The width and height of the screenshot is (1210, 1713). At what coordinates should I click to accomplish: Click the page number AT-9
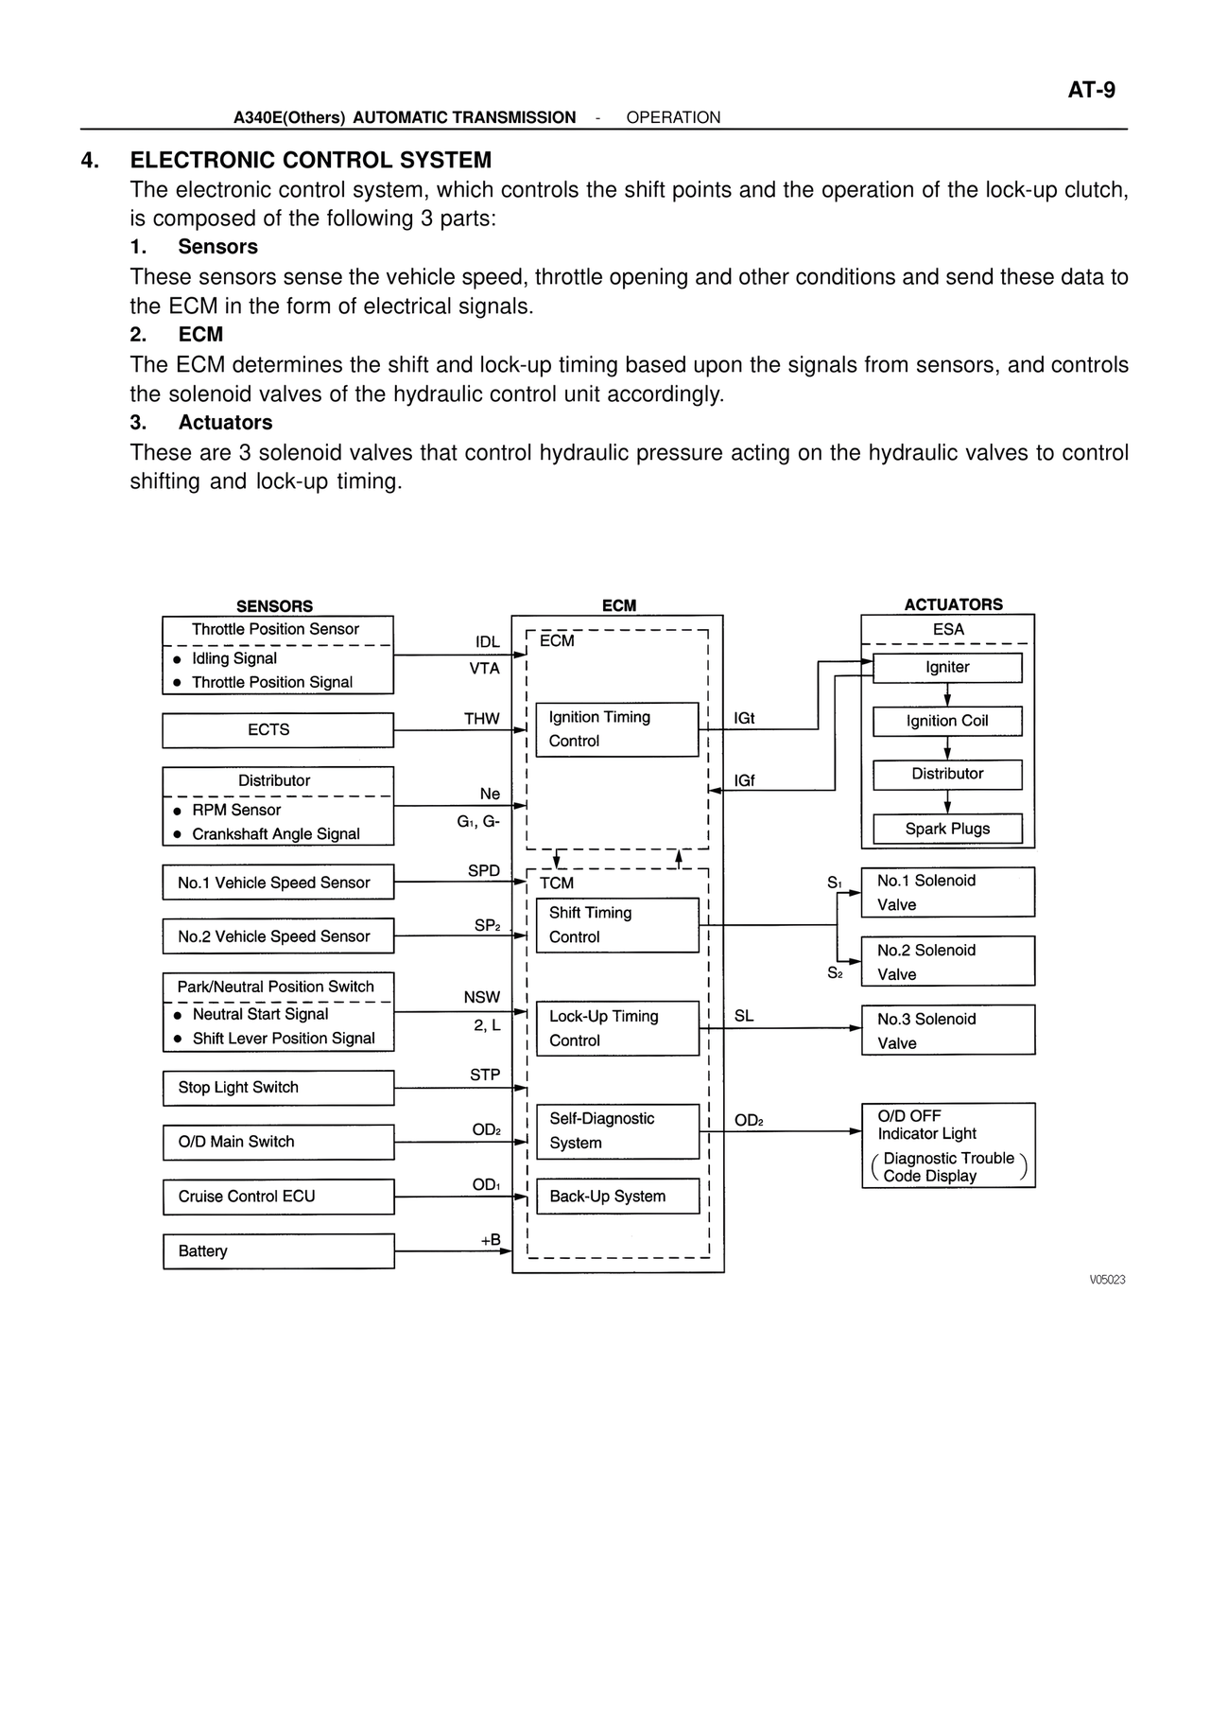[x=1091, y=90]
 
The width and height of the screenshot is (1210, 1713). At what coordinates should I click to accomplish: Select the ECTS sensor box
[x=277, y=730]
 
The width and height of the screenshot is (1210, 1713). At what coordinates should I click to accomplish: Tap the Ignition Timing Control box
[x=616, y=729]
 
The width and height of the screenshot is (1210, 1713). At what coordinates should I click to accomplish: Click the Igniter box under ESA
[x=947, y=668]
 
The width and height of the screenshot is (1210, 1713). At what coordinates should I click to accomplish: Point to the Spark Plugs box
[x=947, y=829]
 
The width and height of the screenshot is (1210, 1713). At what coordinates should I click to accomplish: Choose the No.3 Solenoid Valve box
[x=947, y=1030]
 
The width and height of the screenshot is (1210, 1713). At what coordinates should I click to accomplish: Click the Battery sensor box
[x=277, y=1251]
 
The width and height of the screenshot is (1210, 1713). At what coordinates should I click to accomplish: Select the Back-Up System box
[x=616, y=1197]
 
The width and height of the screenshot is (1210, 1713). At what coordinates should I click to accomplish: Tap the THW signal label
[x=482, y=719]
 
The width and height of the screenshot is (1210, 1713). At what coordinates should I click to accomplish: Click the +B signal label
[x=491, y=1240]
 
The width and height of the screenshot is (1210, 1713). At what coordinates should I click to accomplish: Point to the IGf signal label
[x=744, y=781]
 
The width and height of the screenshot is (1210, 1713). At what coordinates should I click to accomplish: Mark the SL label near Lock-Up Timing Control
[x=744, y=1016]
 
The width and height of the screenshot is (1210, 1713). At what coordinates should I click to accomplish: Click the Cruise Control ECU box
[x=277, y=1197]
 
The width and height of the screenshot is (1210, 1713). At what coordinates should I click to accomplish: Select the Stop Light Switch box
[x=277, y=1088]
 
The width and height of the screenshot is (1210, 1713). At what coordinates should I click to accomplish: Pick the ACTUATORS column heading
[x=953, y=604]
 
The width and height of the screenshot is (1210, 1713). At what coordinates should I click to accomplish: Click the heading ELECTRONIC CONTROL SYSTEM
[x=310, y=160]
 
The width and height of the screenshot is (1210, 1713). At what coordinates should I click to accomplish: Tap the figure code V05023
[x=1107, y=1280]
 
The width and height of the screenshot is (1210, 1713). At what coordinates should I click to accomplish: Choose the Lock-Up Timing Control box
[x=616, y=1028]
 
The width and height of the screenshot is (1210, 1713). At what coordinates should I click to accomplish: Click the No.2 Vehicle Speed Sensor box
[x=277, y=936]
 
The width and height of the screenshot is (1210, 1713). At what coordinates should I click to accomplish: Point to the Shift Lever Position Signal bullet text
[x=284, y=1039]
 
